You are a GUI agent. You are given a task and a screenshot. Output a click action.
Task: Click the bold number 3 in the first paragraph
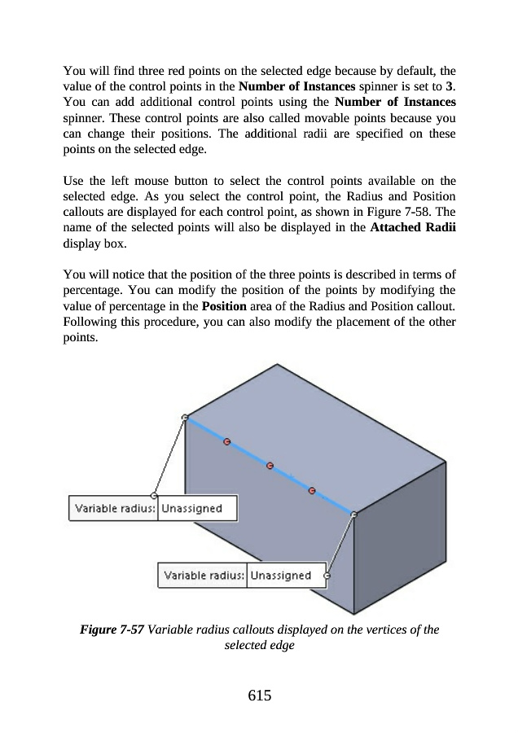[450, 86]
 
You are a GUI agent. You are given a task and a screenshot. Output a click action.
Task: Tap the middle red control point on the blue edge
[270, 466]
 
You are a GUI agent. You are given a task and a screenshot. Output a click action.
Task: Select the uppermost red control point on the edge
[227, 441]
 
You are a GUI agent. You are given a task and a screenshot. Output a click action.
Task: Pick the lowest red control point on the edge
[311, 490]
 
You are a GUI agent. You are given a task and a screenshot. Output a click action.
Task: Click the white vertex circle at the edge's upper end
[186, 418]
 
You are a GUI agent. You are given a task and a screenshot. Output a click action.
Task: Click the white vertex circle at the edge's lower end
[353, 514]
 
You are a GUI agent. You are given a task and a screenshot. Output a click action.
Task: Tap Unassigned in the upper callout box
[191, 508]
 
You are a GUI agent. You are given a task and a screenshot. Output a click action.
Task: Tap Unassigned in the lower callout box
[281, 575]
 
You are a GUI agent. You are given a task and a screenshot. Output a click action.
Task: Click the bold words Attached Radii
[412, 227]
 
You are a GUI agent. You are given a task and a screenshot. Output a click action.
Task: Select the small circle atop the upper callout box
[155, 494]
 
